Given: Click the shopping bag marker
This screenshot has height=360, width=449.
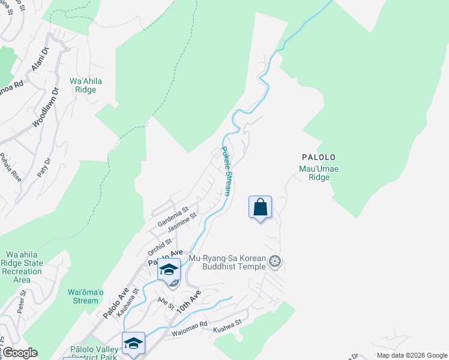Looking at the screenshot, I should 260,208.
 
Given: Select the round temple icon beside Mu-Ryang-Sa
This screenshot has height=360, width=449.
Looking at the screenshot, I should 276,261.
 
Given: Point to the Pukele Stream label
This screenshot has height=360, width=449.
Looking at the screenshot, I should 226,172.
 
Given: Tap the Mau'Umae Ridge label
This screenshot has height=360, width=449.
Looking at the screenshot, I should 319,173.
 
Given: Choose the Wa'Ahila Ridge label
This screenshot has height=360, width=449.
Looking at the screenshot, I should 83,85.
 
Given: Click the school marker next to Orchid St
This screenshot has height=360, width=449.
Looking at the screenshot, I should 169,269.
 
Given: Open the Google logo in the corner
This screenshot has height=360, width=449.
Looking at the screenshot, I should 20,353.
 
